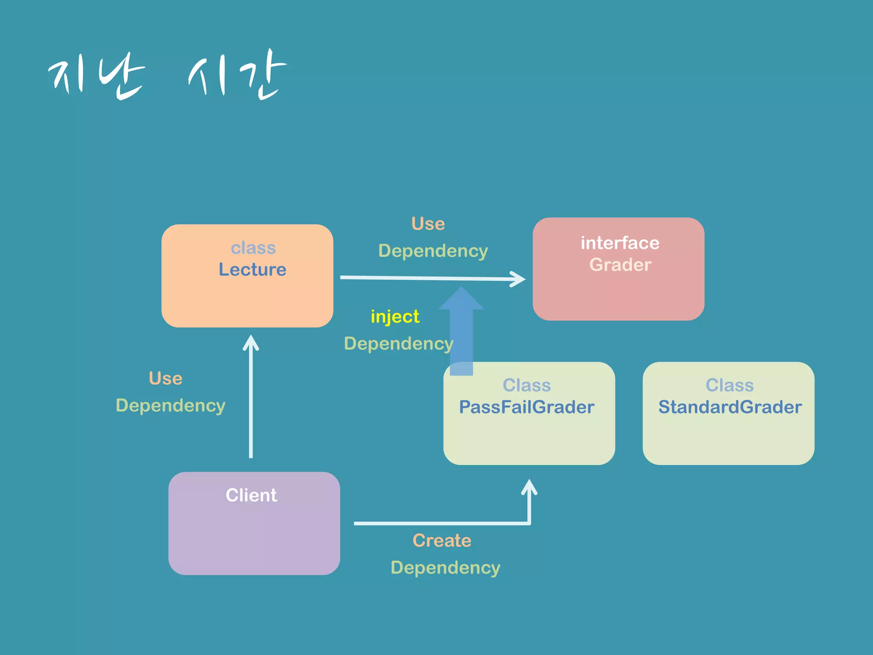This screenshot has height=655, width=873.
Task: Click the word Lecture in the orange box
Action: pos(252,270)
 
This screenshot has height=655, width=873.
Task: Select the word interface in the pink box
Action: pos(620,243)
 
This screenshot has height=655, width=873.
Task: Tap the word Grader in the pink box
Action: pos(620,265)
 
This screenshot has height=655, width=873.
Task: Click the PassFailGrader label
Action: pos(526,407)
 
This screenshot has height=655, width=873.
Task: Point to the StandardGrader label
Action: pos(730,407)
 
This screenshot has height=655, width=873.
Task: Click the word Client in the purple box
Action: pos(251,495)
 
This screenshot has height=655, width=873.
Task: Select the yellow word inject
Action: pos(395,317)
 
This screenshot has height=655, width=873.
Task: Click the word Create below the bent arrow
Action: pos(442,541)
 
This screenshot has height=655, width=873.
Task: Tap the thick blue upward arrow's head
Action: pos(461,299)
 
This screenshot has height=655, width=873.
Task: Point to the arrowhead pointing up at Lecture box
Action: pos(251,342)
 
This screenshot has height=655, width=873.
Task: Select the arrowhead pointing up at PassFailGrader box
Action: pos(529,487)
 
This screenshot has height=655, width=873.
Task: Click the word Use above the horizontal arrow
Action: pos(428,224)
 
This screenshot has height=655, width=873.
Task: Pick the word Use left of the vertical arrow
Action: pos(165,379)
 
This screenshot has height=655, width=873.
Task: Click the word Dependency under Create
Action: pos(445,568)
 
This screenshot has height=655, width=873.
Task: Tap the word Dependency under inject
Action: pos(398,344)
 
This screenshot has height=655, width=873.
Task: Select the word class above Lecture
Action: pos(253,248)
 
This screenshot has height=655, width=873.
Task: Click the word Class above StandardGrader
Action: pos(729,385)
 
